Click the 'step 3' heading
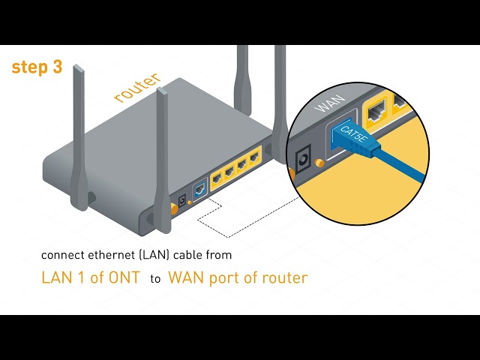[37, 67]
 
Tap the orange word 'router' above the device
[137, 87]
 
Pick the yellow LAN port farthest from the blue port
[254, 157]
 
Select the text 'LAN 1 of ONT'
[90, 277]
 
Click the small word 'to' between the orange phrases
[155, 278]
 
